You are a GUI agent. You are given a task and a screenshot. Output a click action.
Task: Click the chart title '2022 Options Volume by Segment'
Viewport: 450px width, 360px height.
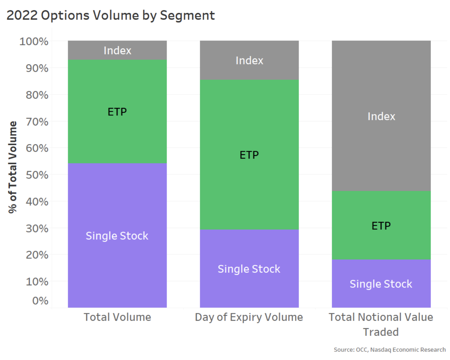tap(110, 16)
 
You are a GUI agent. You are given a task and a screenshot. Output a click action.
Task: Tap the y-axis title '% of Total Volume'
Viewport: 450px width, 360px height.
tap(13, 167)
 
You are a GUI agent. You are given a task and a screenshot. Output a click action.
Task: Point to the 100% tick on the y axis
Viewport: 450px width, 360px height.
tap(34, 42)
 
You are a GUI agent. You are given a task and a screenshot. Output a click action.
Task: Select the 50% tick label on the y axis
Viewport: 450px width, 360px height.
tap(37, 175)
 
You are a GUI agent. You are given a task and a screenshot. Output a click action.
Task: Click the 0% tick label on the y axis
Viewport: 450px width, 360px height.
tap(40, 301)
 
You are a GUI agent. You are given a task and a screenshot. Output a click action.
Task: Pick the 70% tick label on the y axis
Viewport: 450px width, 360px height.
tap(37, 122)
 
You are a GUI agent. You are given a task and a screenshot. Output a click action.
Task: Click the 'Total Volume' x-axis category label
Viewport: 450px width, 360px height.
tap(117, 317)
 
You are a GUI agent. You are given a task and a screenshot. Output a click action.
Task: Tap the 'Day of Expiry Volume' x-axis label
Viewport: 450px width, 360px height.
tap(249, 317)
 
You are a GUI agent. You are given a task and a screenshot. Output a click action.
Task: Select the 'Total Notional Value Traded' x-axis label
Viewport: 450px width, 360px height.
tap(381, 324)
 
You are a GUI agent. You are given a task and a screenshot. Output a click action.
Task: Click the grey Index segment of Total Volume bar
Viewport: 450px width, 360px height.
tap(117, 50)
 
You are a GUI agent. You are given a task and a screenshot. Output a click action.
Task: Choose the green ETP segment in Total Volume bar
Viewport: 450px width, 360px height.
tap(117, 112)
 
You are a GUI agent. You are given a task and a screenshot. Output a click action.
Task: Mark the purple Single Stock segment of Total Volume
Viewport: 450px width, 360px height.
tap(117, 235)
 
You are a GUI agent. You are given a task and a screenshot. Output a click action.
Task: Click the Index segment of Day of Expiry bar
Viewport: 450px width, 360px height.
tap(249, 60)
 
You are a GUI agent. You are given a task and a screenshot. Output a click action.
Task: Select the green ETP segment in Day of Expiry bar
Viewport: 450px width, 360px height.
tap(249, 155)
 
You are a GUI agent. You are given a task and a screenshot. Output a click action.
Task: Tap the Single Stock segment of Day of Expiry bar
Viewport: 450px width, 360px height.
tap(249, 269)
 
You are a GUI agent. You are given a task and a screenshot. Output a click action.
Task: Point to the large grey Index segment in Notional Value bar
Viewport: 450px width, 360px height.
tap(381, 116)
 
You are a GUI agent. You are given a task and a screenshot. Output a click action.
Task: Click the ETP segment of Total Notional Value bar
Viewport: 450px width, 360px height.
tap(381, 226)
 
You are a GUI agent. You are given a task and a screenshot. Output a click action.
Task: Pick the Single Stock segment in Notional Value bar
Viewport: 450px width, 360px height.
tap(381, 284)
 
